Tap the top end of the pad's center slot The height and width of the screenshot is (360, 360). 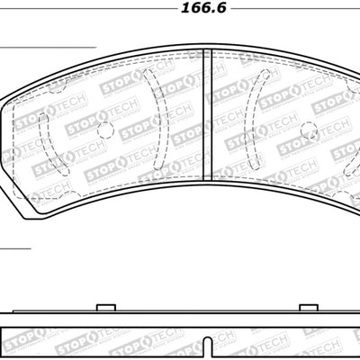point(206,49)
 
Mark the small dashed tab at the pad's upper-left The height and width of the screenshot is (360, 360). point(56,87)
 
